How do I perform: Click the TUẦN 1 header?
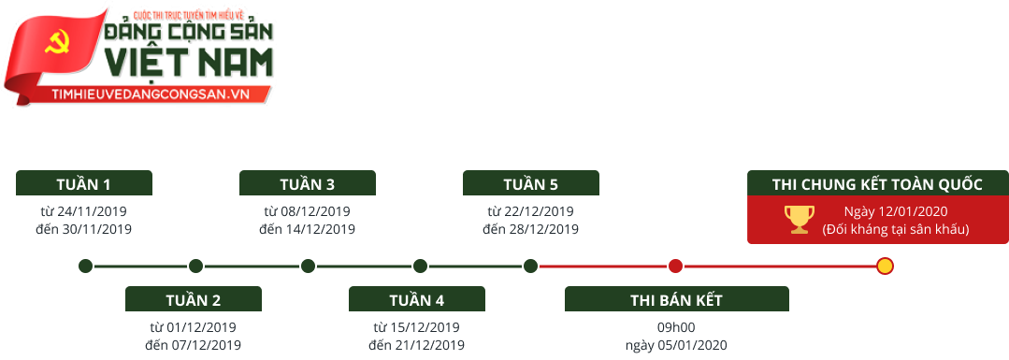pos(83,183)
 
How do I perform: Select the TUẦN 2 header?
pos(193,300)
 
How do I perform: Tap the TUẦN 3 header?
pos(307,183)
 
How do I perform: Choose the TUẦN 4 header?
pos(416,300)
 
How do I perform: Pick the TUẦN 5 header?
pos(530,183)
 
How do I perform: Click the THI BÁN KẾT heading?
pos(676,300)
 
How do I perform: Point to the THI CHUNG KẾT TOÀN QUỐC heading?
pos(877,184)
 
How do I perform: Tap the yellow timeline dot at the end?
pos(885,266)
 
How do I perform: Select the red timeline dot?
pos(675,266)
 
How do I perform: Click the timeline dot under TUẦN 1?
pos(85,266)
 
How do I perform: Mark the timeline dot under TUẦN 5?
pos(530,266)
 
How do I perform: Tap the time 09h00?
pos(676,327)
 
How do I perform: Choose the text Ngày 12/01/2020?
pos(895,210)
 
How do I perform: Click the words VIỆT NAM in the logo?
pos(190,62)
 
